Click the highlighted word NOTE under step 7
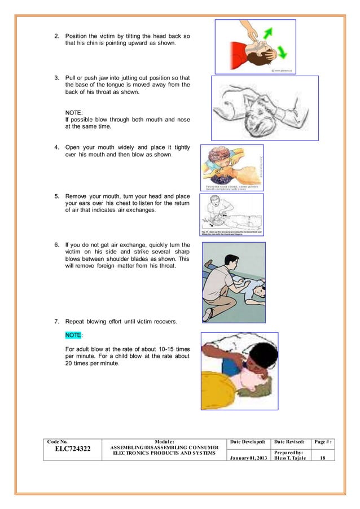[x=74, y=335]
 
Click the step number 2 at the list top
[x=56, y=36]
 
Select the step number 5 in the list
[x=56, y=197]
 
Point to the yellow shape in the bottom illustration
[x=223, y=383]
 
